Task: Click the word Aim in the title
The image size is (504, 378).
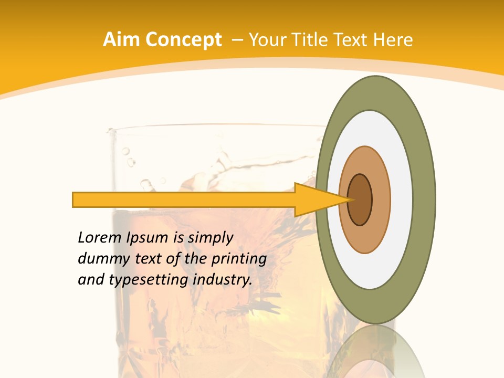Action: click(122, 40)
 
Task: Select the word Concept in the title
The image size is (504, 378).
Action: click(184, 40)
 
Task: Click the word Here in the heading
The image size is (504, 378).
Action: click(393, 40)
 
